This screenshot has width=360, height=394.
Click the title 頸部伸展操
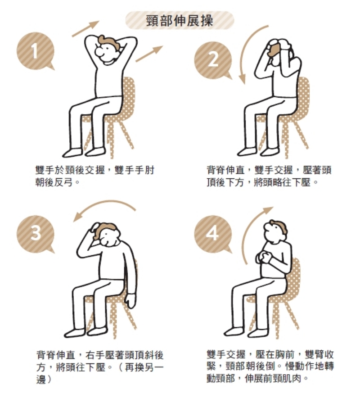(180, 20)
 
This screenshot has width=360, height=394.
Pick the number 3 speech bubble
(36, 233)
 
